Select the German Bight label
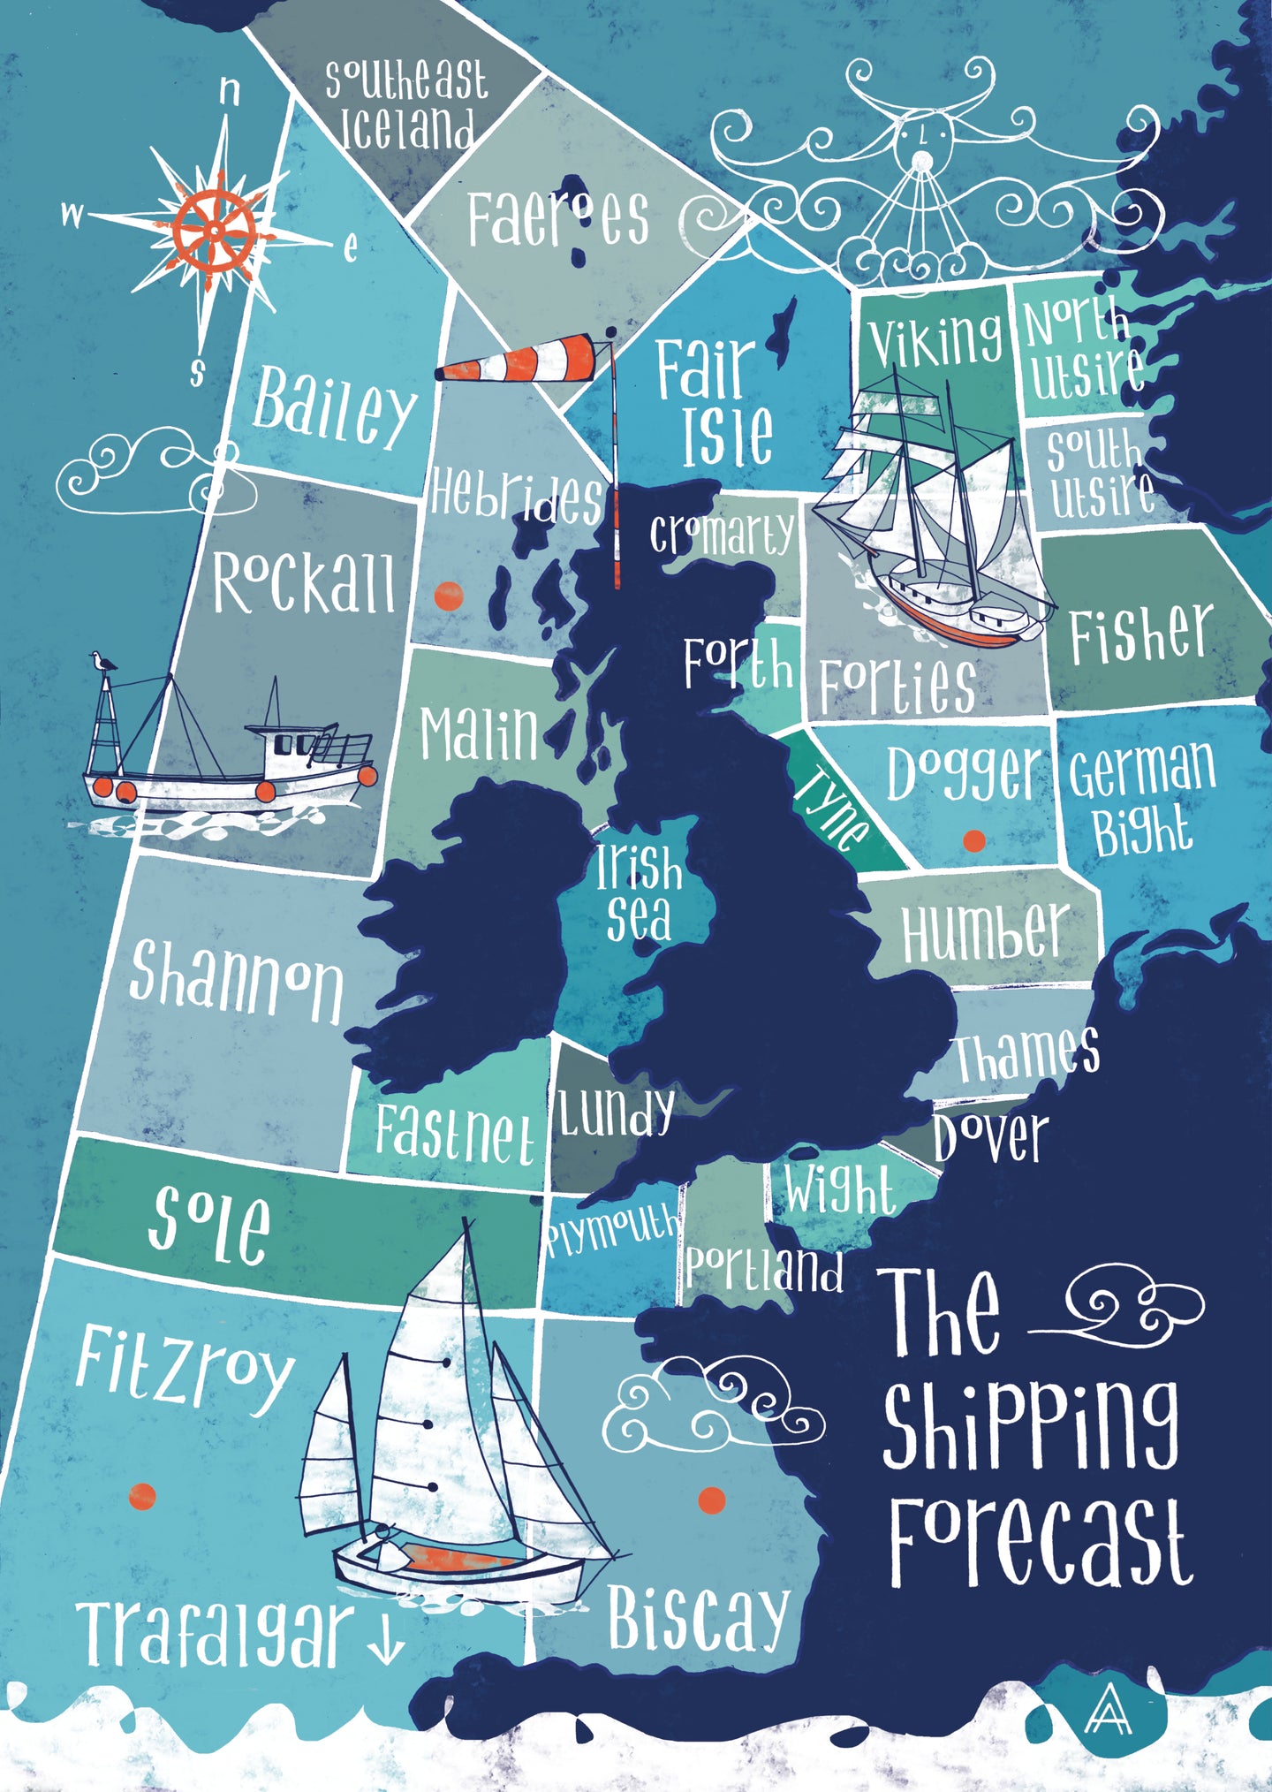point(1142,797)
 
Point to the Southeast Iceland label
point(405,104)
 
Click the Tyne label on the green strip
point(831,806)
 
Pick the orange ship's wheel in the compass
point(215,231)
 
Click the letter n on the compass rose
point(230,90)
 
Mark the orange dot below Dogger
point(973,840)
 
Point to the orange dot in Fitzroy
point(142,1496)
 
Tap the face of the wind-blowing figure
point(921,140)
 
